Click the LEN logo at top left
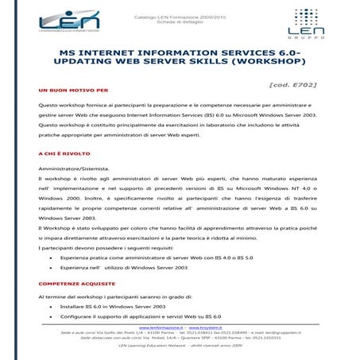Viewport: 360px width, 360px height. click(x=68, y=21)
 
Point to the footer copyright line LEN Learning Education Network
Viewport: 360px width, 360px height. click(x=180, y=346)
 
